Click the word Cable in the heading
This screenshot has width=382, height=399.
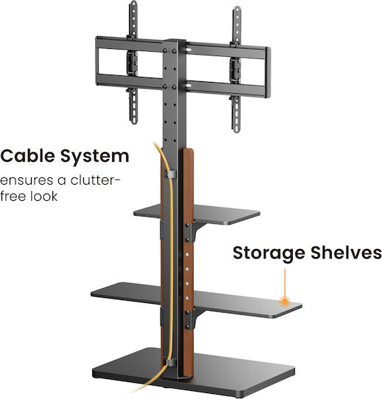pyautogui.click(x=27, y=156)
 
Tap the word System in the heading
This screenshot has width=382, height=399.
pyautogui.click(x=94, y=157)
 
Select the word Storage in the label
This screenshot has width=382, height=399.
pyautogui.click(x=268, y=253)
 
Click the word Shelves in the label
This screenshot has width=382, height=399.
pyautogui.click(x=346, y=253)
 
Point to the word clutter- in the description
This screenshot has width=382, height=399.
pyautogui.click(x=95, y=180)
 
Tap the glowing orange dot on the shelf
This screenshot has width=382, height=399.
pyautogui.click(x=285, y=301)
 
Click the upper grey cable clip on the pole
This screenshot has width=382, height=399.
pyautogui.click(x=171, y=174)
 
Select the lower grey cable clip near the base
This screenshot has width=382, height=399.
pyautogui.click(x=171, y=362)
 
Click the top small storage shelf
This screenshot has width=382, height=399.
pyautogui.click(x=223, y=214)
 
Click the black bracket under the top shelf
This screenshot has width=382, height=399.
pyautogui.click(x=194, y=231)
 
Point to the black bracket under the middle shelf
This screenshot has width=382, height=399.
pyautogui.click(x=194, y=318)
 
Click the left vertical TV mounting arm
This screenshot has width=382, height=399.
pyautogui.click(x=133, y=63)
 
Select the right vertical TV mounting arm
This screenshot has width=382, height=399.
pyautogui.click(x=236, y=69)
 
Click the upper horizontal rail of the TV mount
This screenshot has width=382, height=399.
pyautogui.click(x=226, y=50)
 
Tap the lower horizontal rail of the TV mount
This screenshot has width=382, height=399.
pyautogui.click(x=226, y=89)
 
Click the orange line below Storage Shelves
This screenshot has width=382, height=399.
pyautogui.click(x=285, y=283)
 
